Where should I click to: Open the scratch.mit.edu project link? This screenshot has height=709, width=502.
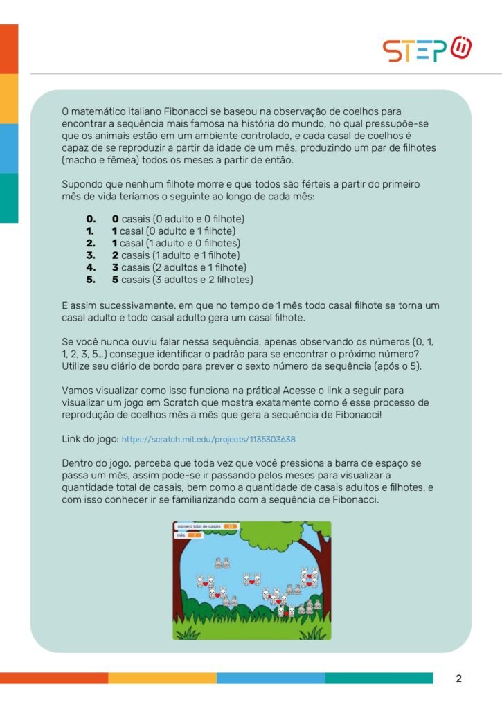pyautogui.click(x=210, y=439)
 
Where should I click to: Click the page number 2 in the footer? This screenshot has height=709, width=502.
pyautogui.click(x=458, y=679)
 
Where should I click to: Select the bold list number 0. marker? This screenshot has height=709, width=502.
pyautogui.click(x=90, y=219)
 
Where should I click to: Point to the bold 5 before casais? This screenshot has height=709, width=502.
pyautogui.click(x=115, y=280)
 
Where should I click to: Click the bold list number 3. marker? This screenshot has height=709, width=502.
pyautogui.click(x=90, y=255)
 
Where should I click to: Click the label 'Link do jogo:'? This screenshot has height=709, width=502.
pyautogui.click(x=90, y=439)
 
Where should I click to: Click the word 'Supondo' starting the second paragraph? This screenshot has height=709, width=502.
pyautogui.click(x=82, y=184)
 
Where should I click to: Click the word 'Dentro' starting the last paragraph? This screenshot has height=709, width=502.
pyautogui.click(x=78, y=463)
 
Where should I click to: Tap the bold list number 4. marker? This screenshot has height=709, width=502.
pyautogui.click(x=90, y=267)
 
